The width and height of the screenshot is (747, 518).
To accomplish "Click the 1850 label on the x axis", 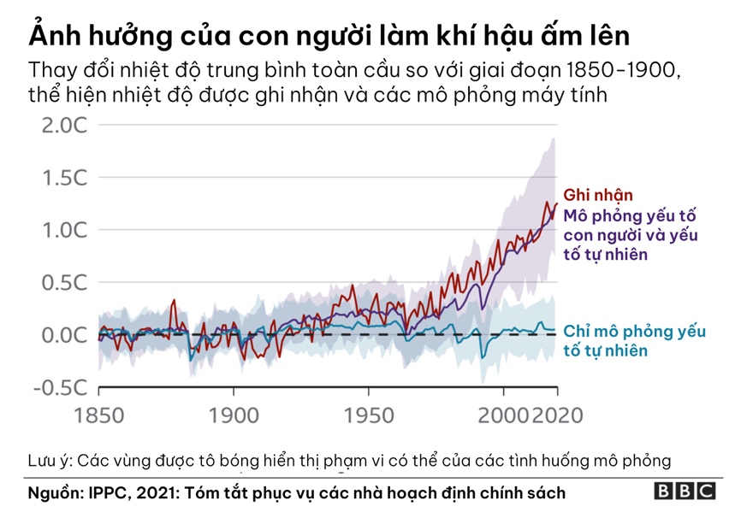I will tap(98, 416).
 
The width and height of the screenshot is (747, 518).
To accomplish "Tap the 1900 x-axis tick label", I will tap(234, 416).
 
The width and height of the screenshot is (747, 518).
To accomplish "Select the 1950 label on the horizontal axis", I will tap(369, 416).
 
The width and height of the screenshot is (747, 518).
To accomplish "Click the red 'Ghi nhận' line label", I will tap(598, 196).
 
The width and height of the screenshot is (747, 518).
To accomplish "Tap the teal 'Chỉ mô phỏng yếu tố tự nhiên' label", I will tap(634, 341).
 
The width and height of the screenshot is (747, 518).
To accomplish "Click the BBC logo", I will tap(685, 492).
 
